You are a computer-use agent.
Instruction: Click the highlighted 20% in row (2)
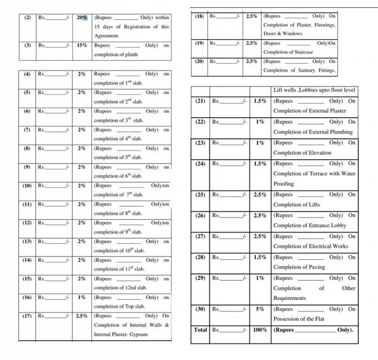(x=82, y=17)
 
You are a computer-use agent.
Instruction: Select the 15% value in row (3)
(x=82, y=45)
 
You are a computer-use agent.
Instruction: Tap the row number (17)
(x=27, y=316)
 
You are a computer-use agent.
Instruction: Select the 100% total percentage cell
(x=260, y=330)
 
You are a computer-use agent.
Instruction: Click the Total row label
(x=200, y=330)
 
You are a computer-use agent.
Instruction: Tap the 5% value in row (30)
(x=260, y=309)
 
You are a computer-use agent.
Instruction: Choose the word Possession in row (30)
(x=286, y=319)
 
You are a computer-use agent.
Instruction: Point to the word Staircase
(x=301, y=52)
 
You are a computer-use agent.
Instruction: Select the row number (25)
(x=200, y=195)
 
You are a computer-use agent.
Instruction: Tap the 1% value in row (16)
(x=82, y=297)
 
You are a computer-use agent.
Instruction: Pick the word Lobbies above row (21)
(x=307, y=90)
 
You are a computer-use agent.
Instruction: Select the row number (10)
(x=27, y=186)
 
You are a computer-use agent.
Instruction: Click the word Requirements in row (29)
(x=289, y=298)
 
